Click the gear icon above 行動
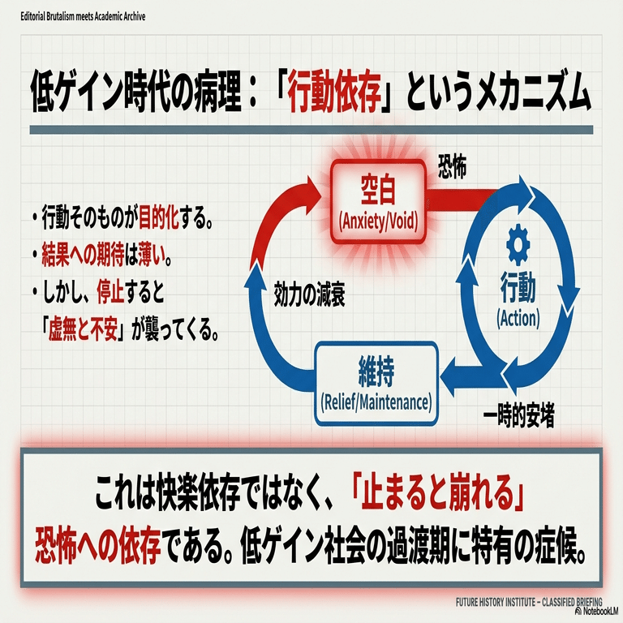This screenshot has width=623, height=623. [518, 244]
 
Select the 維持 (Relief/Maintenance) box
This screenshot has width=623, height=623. [376, 383]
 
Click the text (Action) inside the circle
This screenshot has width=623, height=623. [518, 317]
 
